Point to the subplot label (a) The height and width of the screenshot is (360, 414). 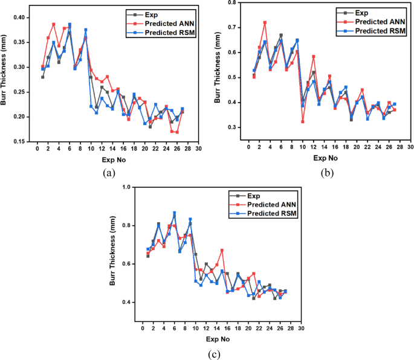pyautogui.click(x=109, y=173)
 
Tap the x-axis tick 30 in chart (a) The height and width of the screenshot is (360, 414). pyautogui.click(x=198, y=149)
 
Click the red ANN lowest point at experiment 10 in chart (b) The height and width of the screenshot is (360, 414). pyautogui.click(x=302, y=121)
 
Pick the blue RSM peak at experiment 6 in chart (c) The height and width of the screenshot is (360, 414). pyautogui.click(x=175, y=213)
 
